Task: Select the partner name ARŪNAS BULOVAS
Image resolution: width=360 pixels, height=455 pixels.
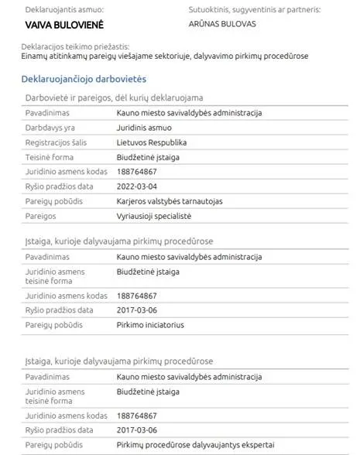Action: click(223, 24)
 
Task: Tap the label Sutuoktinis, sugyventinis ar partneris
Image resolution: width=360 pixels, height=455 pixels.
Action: click(254, 10)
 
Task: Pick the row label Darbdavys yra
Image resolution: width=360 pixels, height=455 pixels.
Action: click(50, 128)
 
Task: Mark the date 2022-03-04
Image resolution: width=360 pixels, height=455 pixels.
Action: click(137, 186)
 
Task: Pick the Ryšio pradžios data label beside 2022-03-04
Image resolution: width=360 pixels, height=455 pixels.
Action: click(60, 186)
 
